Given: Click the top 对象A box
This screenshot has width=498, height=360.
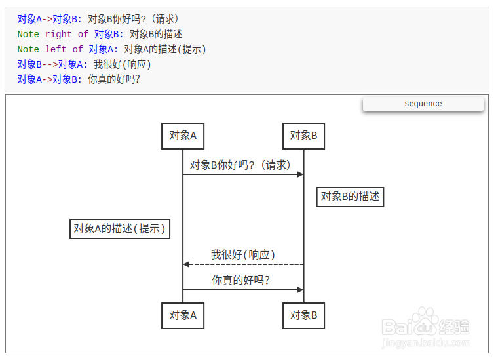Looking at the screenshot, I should pyautogui.click(x=183, y=136).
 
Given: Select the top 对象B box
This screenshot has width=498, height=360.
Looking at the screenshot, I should pyautogui.click(x=304, y=136).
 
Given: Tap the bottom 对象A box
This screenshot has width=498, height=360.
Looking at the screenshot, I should pyautogui.click(x=183, y=315).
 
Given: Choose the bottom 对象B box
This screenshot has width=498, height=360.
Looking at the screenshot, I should pyautogui.click(x=304, y=315).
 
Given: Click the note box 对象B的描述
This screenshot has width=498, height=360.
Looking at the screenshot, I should pyautogui.click(x=350, y=196).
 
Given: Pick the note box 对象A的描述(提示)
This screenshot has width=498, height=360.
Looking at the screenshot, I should pyautogui.click(x=120, y=228).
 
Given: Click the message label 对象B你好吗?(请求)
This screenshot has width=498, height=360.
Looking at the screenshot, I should pyautogui.click(x=240, y=165).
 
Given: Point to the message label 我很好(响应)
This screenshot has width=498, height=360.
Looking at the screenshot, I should pyautogui.click(x=243, y=255).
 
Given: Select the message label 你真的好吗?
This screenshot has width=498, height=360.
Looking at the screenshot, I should pyautogui.click(x=241, y=281).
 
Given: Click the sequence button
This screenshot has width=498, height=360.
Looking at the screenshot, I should pyautogui.click(x=423, y=104).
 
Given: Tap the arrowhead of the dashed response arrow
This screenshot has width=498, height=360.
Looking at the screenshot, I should pyautogui.click(x=187, y=264).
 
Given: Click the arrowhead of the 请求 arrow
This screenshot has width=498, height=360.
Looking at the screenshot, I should pyautogui.click(x=300, y=174).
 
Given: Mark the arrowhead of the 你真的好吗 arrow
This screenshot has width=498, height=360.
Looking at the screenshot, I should pyautogui.click(x=300, y=290).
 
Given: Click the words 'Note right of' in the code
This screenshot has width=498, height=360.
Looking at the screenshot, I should pyautogui.click(x=53, y=34).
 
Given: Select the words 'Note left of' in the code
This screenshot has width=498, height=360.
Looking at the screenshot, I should pyautogui.click(x=50, y=49).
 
